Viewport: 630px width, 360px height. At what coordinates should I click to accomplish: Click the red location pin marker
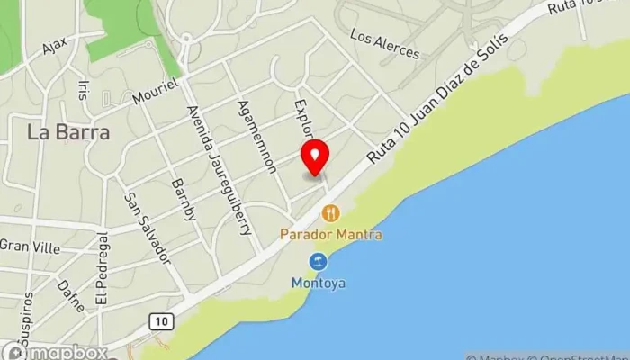[x=315, y=158]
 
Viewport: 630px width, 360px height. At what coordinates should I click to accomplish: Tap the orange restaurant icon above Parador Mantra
[x=330, y=213]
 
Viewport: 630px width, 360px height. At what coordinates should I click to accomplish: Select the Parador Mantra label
[x=331, y=235]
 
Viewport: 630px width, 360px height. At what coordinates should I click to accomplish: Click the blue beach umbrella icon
[x=318, y=262]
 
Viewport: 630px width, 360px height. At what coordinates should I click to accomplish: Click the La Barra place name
[x=68, y=132]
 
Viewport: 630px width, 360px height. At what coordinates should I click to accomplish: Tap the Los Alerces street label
[x=384, y=44]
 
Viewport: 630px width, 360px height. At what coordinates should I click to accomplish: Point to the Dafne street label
[x=70, y=294]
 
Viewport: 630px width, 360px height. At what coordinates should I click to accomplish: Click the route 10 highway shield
[x=159, y=321]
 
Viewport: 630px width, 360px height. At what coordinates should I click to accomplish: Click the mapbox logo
[x=56, y=352]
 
